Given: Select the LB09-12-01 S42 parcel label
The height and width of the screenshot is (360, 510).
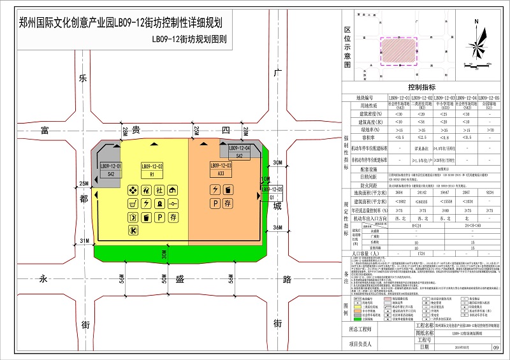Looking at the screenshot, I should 110,169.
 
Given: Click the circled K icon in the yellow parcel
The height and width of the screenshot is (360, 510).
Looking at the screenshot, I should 133,231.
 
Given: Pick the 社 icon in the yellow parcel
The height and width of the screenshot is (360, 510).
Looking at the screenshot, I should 160,190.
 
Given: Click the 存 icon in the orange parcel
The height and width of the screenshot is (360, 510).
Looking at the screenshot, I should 228,204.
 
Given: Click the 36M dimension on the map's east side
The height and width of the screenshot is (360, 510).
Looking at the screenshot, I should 277,227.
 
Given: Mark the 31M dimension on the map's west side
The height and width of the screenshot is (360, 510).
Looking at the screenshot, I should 83,240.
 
